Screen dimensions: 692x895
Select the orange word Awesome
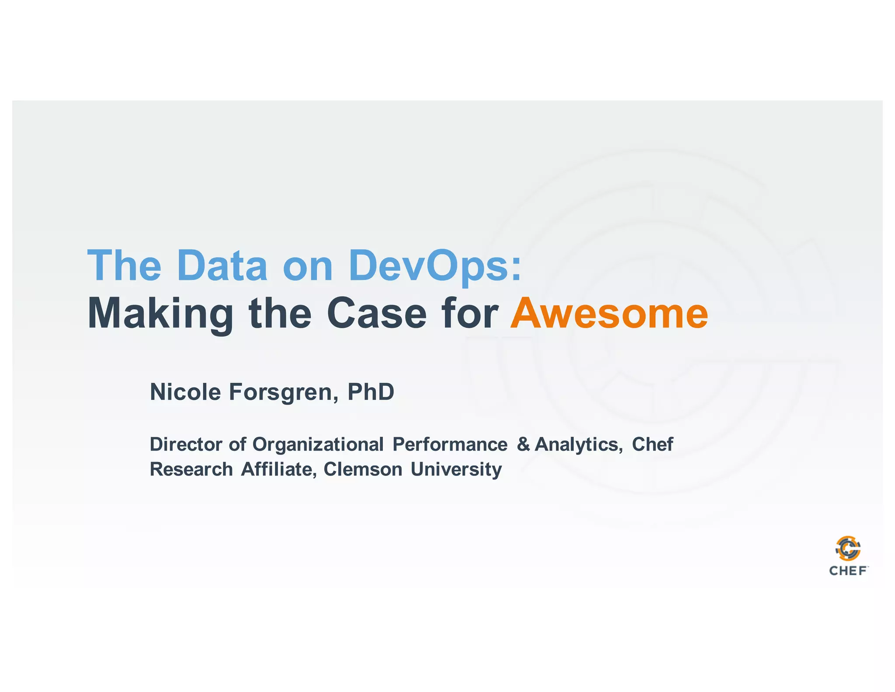click(609, 313)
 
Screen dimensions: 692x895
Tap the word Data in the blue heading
click(222, 265)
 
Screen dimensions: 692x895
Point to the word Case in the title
click(376, 313)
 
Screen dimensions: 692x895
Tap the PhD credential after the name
click(371, 391)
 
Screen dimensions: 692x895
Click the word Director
click(186, 444)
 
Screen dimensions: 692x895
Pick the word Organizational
click(318, 445)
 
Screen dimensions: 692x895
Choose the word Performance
click(450, 444)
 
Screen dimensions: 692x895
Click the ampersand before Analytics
click(523, 444)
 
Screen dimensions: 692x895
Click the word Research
click(191, 469)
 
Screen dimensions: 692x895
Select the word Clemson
click(363, 469)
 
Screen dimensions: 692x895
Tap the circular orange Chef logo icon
click(848, 548)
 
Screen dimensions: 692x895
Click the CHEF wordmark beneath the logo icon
click(848, 571)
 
